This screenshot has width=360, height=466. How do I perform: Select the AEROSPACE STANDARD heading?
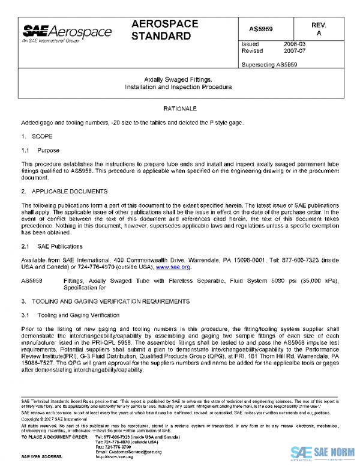pyautogui.click(x=164, y=30)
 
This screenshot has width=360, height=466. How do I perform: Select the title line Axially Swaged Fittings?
pyautogui.click(x=178, y=79)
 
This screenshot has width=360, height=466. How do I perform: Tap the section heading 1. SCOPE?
pyautogui.click(x=37, y=136)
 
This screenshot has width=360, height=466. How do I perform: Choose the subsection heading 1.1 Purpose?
pyautogui.click(x=40, y=150)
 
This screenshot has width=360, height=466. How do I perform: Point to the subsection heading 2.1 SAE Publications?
pyautogui.click(x=52, y=246)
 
